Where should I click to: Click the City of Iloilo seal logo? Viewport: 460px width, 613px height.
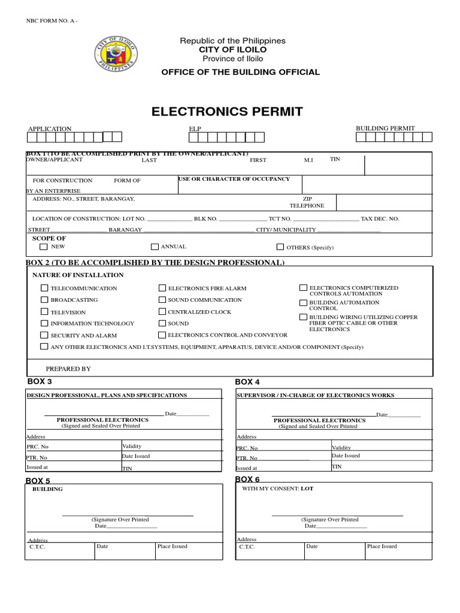pyautogui.click(x=116, y=53)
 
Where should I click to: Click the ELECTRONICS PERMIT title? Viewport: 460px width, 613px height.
pyautogui.click(x=227, y=112)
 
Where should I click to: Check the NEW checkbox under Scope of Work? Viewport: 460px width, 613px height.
pyautogui.click(x=44, y=247)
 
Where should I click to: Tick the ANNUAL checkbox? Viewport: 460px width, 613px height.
pyautogui.click(x=155, y=247)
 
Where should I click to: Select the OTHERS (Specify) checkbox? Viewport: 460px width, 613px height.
pyautogui.click(x=280, y=247)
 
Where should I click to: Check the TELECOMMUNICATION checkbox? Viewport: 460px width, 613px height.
pyautogui.click(x=44, y=288)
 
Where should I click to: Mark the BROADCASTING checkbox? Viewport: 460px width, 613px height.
pyautogui.click(x=44, y=299)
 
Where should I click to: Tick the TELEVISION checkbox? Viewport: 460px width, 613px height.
pyautogui.click(x=44, y=311)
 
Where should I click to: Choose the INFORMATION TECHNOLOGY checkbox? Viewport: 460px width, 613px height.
pyautogui.click(x=44, y=323)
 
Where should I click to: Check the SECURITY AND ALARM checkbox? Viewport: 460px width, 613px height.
pyautogui.click(x=44, y=335)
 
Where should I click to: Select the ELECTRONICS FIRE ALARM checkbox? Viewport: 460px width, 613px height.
pyautogui.click(x=162, y=288)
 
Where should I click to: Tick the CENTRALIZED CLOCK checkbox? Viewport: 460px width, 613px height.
pyautogui.click(x=162, y=311)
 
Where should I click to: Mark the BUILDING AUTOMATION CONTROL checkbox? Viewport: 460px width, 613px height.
pyautogui.click(x=303, y=302)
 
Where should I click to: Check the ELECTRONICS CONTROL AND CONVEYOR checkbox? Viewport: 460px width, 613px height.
pyautogui.click(x=162, y=335)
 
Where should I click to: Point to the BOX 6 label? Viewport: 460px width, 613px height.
pyautogui.click(x=247, y=479)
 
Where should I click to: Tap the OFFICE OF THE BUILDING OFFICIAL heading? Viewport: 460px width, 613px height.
pyautogui.click(x=240, y=72)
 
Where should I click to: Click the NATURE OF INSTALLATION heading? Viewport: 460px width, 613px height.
pyautogui.click(x=78, y=275)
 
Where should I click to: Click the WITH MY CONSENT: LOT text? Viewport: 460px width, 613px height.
pyautogui.click(x=277, y=488)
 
